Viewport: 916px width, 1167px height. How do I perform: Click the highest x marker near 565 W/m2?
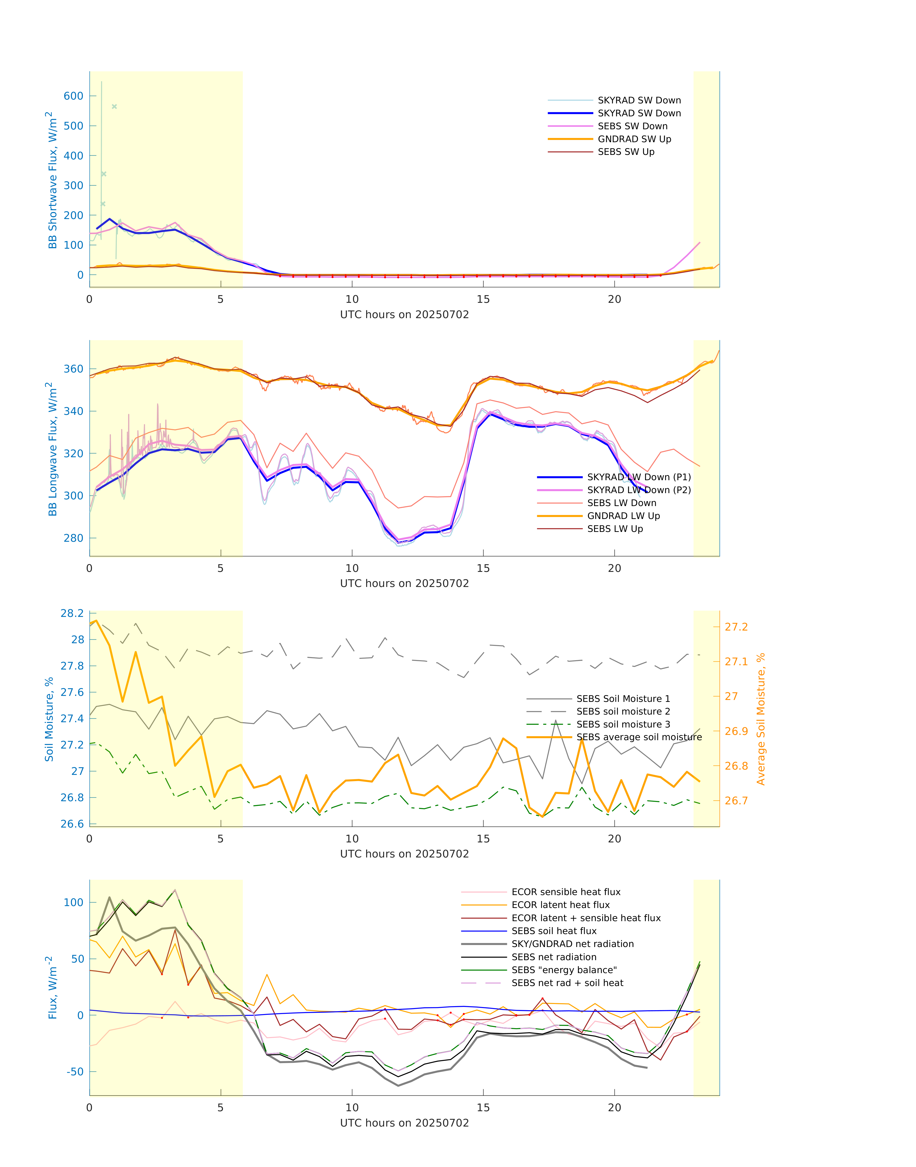(114, 107)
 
